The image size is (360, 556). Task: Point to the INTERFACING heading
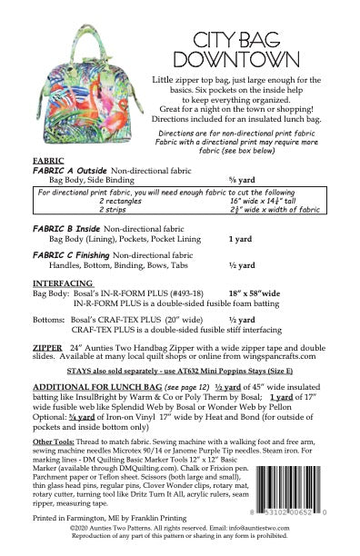(x=63, y=283)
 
